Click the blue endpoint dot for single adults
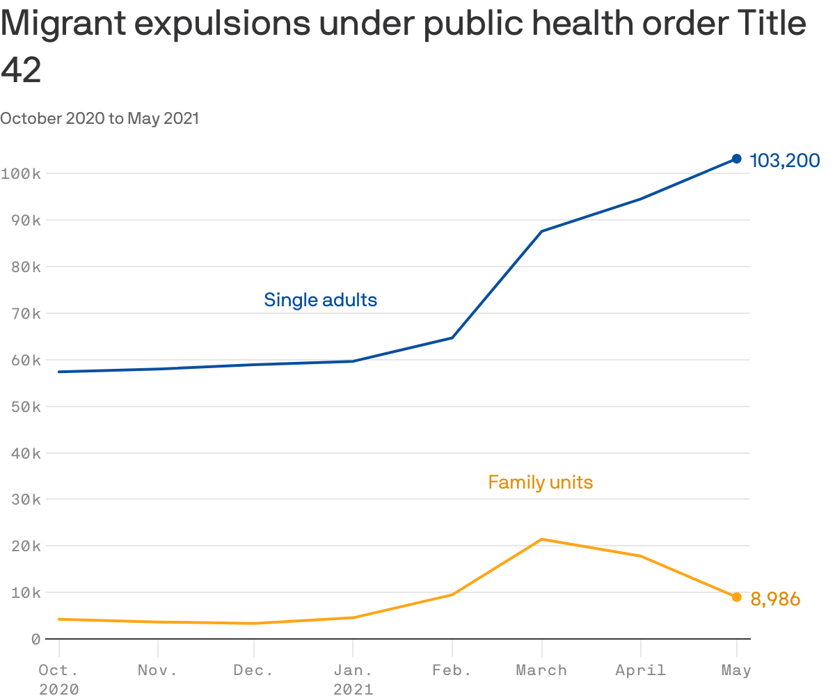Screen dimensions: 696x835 click(x=736, y=159)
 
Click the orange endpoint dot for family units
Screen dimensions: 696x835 click(x=736, y=597)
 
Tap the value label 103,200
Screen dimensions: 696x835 click(x=785, y=161)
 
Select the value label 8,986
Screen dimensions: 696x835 click(x=775, y=599)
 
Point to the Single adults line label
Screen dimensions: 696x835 click(x=320, y=300)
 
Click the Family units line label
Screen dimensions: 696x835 click(x=540, y=482)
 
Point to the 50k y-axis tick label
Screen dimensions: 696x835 click(x=25, y=406)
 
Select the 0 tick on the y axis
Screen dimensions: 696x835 click(x=35, y=639)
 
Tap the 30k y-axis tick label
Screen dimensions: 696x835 click(x=25, y=500)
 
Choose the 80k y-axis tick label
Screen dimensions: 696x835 click(x=25, y=267)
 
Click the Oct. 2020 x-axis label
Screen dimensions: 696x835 click(x=58, y=679)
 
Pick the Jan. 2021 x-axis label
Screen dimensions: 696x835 click(x=353, y=679)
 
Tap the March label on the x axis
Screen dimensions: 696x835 click(x=541, y=670)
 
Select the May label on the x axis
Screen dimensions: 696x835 click(x=736, y=670)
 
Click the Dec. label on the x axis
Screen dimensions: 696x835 click(x=253, y=670)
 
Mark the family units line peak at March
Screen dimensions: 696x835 click(x=541, y=539)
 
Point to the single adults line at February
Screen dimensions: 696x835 click(x=452, y=338)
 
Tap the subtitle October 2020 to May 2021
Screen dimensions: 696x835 click(x=100, y=118)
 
